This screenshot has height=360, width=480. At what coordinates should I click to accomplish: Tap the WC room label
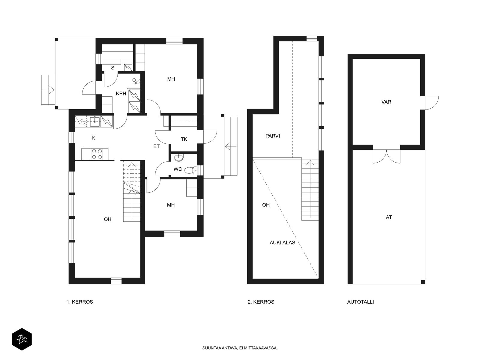pyautogui.click(x=178, y=169)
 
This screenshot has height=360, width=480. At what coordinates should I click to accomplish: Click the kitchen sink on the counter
pyautogui.click(x=95, y=122)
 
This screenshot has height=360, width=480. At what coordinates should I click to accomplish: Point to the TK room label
pyautogui.click(x=184, y=139)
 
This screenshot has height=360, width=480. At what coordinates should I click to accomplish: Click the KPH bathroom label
pyautogui.click(x=121, y=94)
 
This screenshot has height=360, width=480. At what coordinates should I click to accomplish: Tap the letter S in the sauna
pyautogui.click(x=112, y=68)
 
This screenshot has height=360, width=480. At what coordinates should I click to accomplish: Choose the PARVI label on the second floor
pyautogui.click(x=273, y=136)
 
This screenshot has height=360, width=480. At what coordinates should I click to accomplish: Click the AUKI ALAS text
pyautogui.click(x=282, y=242)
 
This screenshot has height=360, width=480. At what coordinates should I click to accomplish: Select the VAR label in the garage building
pyautogui.click(x=386, y=102)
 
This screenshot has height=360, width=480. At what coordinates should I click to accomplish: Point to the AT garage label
pyautogui.click(x=388, y=217)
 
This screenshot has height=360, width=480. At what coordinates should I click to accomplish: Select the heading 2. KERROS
pyautogui.click(x=261, y=302)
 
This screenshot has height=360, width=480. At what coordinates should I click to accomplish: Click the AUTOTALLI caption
pyautogui.click(x=360, y=302)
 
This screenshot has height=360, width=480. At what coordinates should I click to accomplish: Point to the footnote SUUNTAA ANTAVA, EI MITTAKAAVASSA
pyautogui.click(x=240, y=348)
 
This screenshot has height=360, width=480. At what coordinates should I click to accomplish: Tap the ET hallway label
pyautogui.click(x=156, y=146)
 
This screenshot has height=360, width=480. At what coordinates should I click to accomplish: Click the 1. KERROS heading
pyautogui.click(x=80, y=302)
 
